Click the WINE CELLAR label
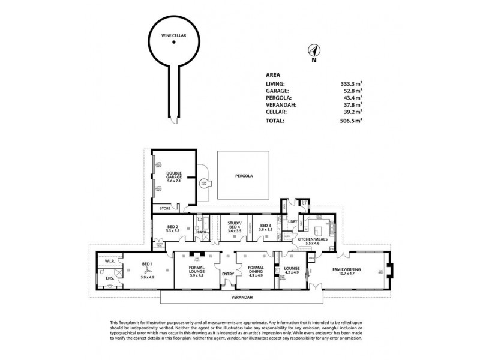click(173, 36)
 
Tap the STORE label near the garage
click(166, 208)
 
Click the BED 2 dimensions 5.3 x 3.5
click(173, 230)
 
